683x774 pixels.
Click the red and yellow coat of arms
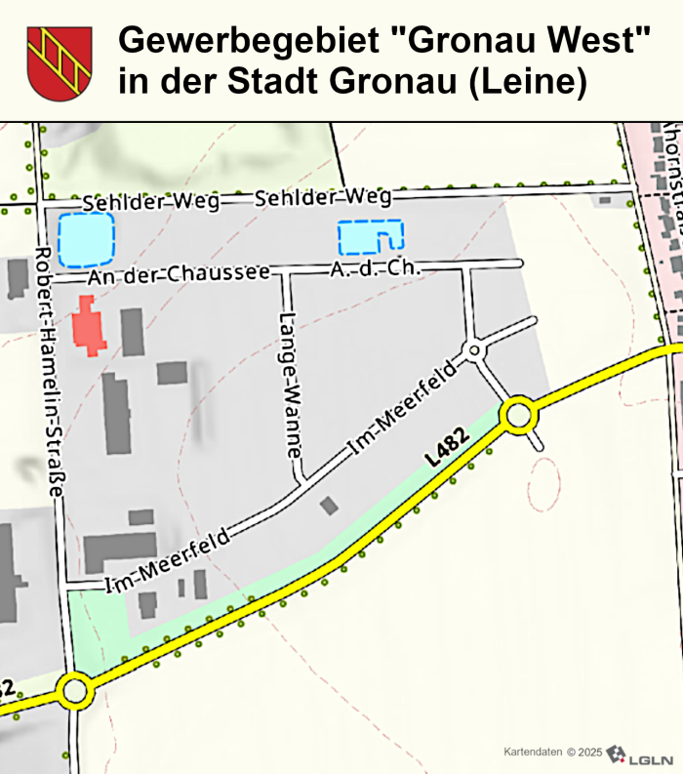pos(59,63)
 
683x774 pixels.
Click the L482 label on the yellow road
pos(443,446)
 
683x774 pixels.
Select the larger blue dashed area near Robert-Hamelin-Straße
pos(86,240)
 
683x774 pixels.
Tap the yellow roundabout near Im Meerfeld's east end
pos(518,416)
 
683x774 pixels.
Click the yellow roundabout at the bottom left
pos(75,691)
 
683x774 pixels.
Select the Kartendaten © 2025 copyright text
pos(552,753)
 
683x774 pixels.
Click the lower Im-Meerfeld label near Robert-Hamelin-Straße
pos(167,562)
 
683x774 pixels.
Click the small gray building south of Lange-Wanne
pos(330,505)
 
